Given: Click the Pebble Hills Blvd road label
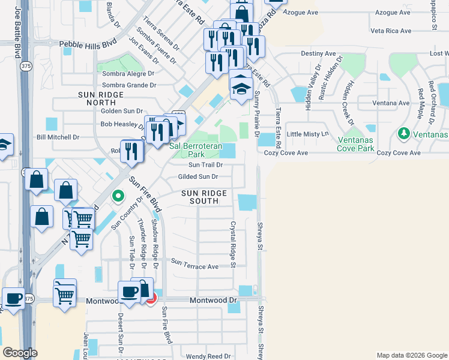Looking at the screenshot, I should (87, 44).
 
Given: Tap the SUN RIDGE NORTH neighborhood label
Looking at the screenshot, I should (101, 100).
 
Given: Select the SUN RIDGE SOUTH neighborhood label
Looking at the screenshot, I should (205, 197).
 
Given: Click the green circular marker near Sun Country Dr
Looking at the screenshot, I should (119, 195).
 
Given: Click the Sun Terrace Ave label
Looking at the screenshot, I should (194, 264).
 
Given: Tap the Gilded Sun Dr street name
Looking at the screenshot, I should (197, 176).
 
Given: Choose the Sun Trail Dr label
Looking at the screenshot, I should (205, 164).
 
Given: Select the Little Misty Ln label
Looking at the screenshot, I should (309, 134).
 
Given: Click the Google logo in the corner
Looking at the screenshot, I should (20, 352).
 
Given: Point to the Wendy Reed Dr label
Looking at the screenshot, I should (208, 356).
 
